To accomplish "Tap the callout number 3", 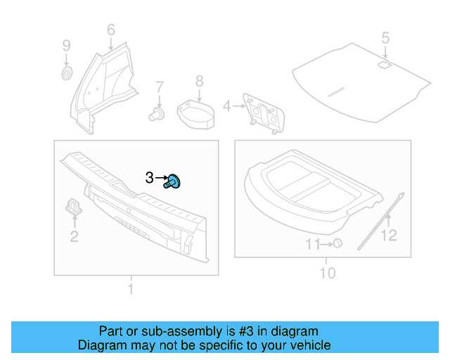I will [149, 179].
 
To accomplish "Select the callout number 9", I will [67, 46].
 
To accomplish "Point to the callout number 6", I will [111, 30].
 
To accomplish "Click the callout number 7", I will [160, 87].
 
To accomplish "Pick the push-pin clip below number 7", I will [157, 112].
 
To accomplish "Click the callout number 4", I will [226, 106].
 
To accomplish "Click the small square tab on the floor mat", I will [385, 65].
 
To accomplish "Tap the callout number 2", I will [74, 236].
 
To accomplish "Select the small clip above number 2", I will [73, 205].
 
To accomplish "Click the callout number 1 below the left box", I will [129, 289].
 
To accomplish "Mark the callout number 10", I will [328, 272].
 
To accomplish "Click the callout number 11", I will [312, 244].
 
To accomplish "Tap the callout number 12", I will [389, 236].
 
